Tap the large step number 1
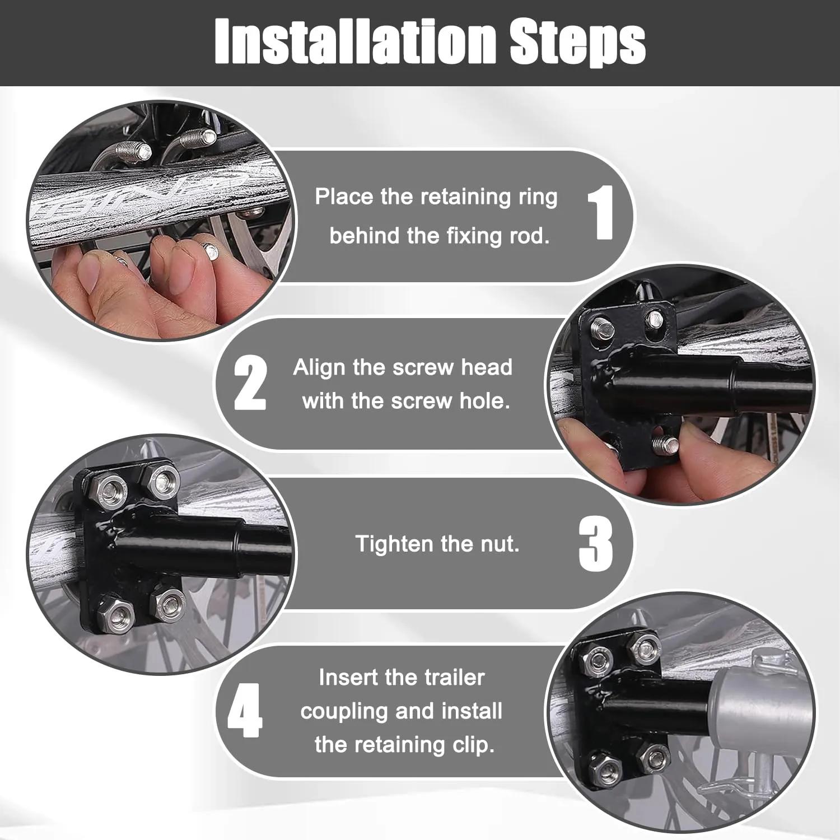coord(601,213)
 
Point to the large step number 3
coord(596,544)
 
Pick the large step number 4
coord(245,710)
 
